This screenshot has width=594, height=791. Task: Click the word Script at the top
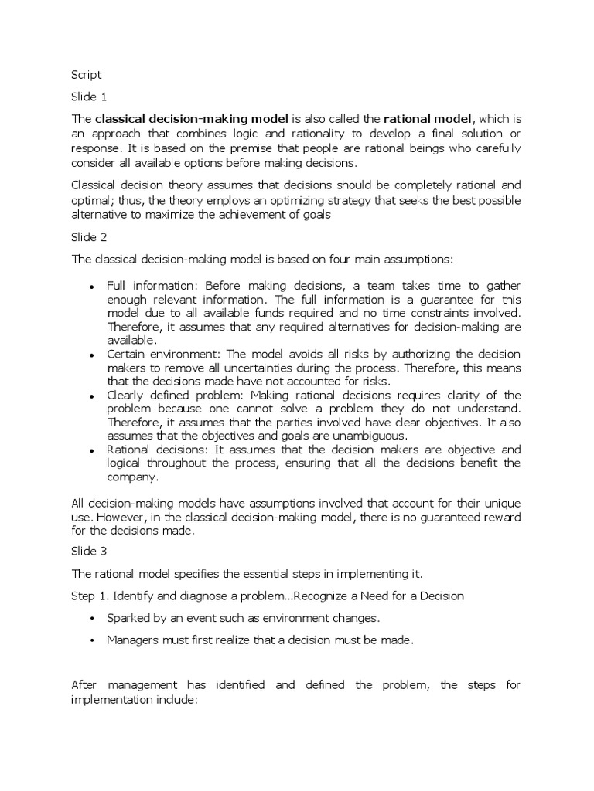86,75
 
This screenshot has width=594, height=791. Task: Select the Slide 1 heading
87,97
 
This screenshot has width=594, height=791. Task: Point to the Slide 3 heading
87,552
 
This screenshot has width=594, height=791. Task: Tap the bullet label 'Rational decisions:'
153,450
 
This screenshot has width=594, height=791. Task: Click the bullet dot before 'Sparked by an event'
91,620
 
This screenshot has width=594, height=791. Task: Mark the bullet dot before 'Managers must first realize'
91,640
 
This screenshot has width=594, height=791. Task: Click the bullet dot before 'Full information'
91,286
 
